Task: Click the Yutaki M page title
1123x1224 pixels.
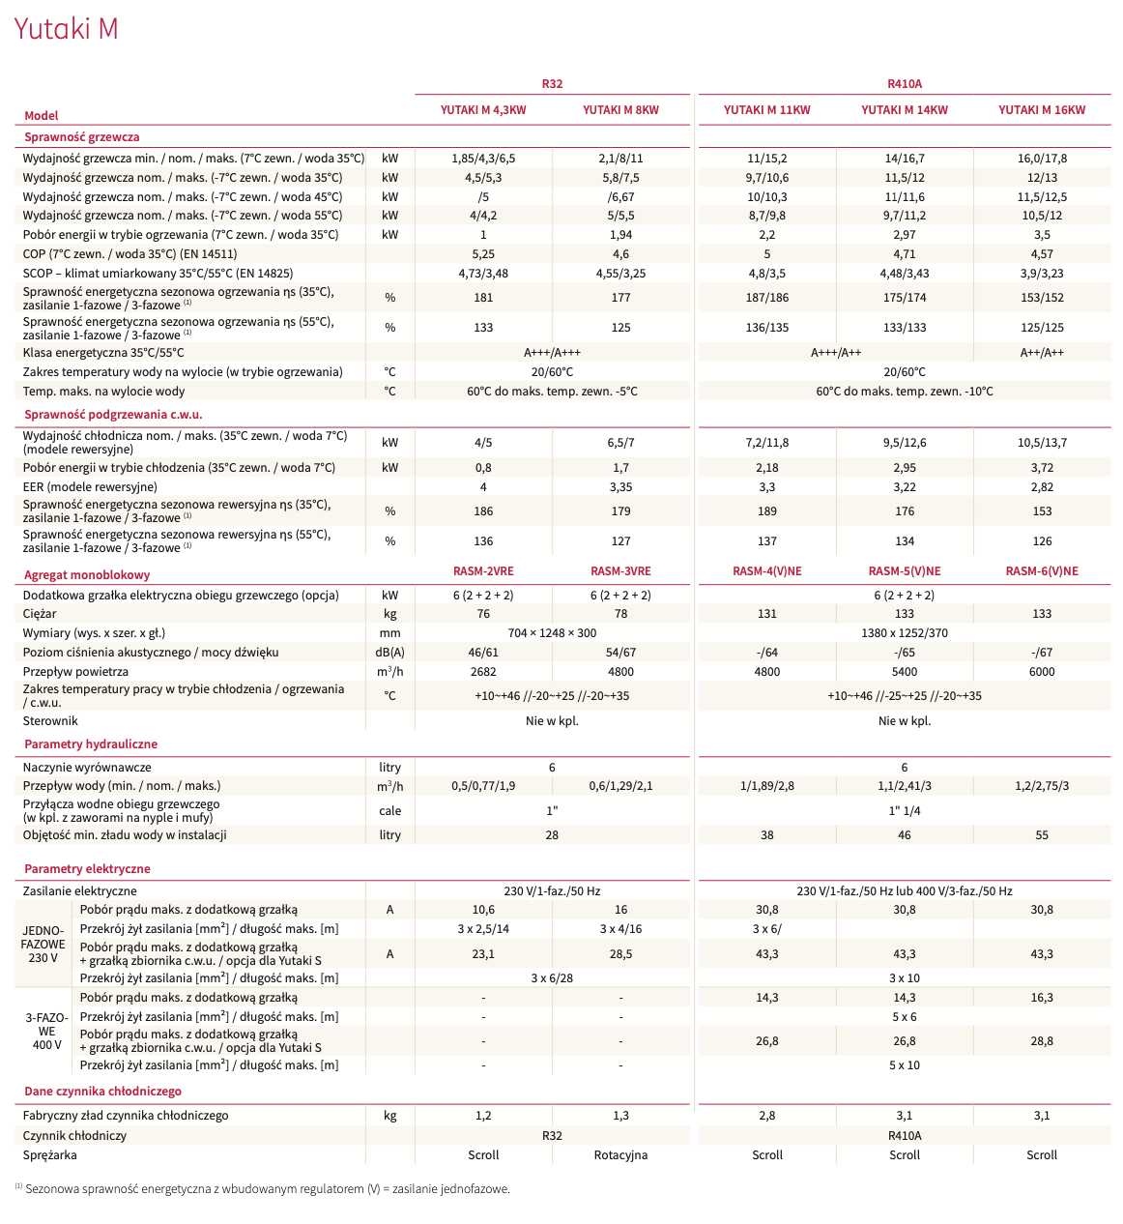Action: tap(66, 29)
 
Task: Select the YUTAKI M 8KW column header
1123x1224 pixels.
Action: tap(620, 110)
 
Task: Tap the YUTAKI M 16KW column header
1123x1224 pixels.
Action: tap(1041, 110)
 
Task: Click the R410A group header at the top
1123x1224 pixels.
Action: tap(904, 84)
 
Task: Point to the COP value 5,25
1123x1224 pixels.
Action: tap(483, 254)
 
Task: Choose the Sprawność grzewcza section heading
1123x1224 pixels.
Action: tap(82, 137)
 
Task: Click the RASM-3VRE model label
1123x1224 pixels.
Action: tap(620, 571)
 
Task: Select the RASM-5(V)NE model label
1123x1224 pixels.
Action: tap(904, 571)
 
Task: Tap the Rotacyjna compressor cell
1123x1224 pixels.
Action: tap(620, 1155)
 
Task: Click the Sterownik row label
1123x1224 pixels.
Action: tap(50, 721)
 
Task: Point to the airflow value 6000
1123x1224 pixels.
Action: tap(1041, 672)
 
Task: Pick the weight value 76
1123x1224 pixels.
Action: tap(483, 614)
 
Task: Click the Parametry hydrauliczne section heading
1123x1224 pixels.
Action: tap(91, 744)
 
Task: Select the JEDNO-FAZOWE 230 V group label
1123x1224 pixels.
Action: tap(43, 944)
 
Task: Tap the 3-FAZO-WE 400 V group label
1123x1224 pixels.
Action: tap(46, 1031)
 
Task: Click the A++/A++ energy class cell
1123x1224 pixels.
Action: tap(1041, 353)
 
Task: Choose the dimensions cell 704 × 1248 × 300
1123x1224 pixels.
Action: tap(552, 633)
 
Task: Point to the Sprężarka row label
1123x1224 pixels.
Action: tap(50, 1155)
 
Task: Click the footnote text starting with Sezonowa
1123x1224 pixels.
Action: tap(267, 1189)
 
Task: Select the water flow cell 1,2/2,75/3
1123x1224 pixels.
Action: tap(1041, 786)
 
